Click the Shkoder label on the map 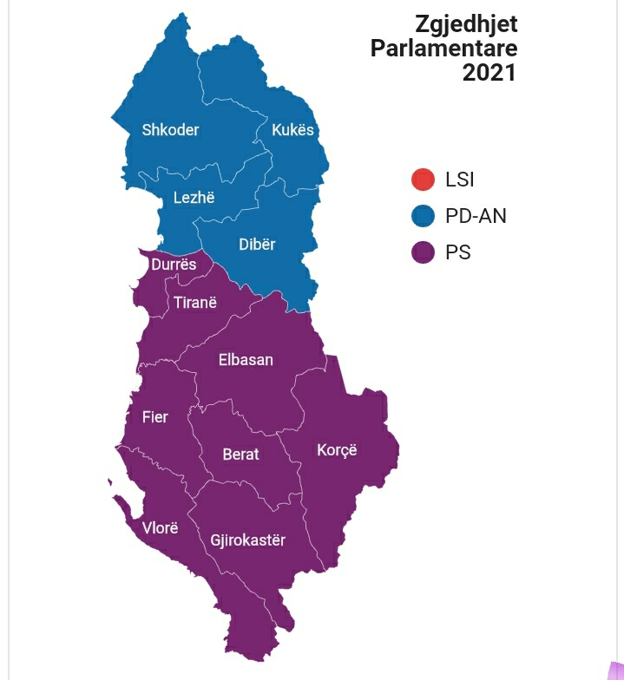click(170, 130)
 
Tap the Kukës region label click(292, 130)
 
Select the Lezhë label click(194, 198)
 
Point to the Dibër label click(257, 245)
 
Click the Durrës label click(174, 265)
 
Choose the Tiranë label click(195, 303)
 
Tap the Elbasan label click(246, 359)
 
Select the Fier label click(155, 417)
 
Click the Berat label click(240, 454)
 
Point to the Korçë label click(337, 450)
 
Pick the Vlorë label click(160, 527)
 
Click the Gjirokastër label click(247, 540)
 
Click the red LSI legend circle click(423, 180)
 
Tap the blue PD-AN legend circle click(423, 216)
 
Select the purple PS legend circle click(423, 252)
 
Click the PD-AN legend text click(476, 216)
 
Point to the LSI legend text click(459, 180)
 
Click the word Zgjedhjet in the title click(466, 23)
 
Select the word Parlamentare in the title click(443, 48)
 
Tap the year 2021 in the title click(489, 73)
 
